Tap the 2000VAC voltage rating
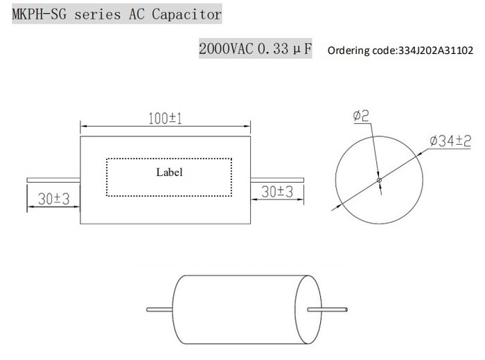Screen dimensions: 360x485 pos(227,50)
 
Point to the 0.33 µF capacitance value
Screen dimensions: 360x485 pos(285,50)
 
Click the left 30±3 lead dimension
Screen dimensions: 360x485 pos(53,199)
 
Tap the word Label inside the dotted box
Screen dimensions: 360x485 pos(169,172)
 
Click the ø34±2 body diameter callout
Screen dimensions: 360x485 pos(451,141)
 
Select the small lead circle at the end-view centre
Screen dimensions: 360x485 pos(378,181)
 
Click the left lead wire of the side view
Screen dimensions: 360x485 pos(53,181)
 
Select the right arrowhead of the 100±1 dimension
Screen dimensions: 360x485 pos(248,127)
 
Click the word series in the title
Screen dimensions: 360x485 pos(102,14)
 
